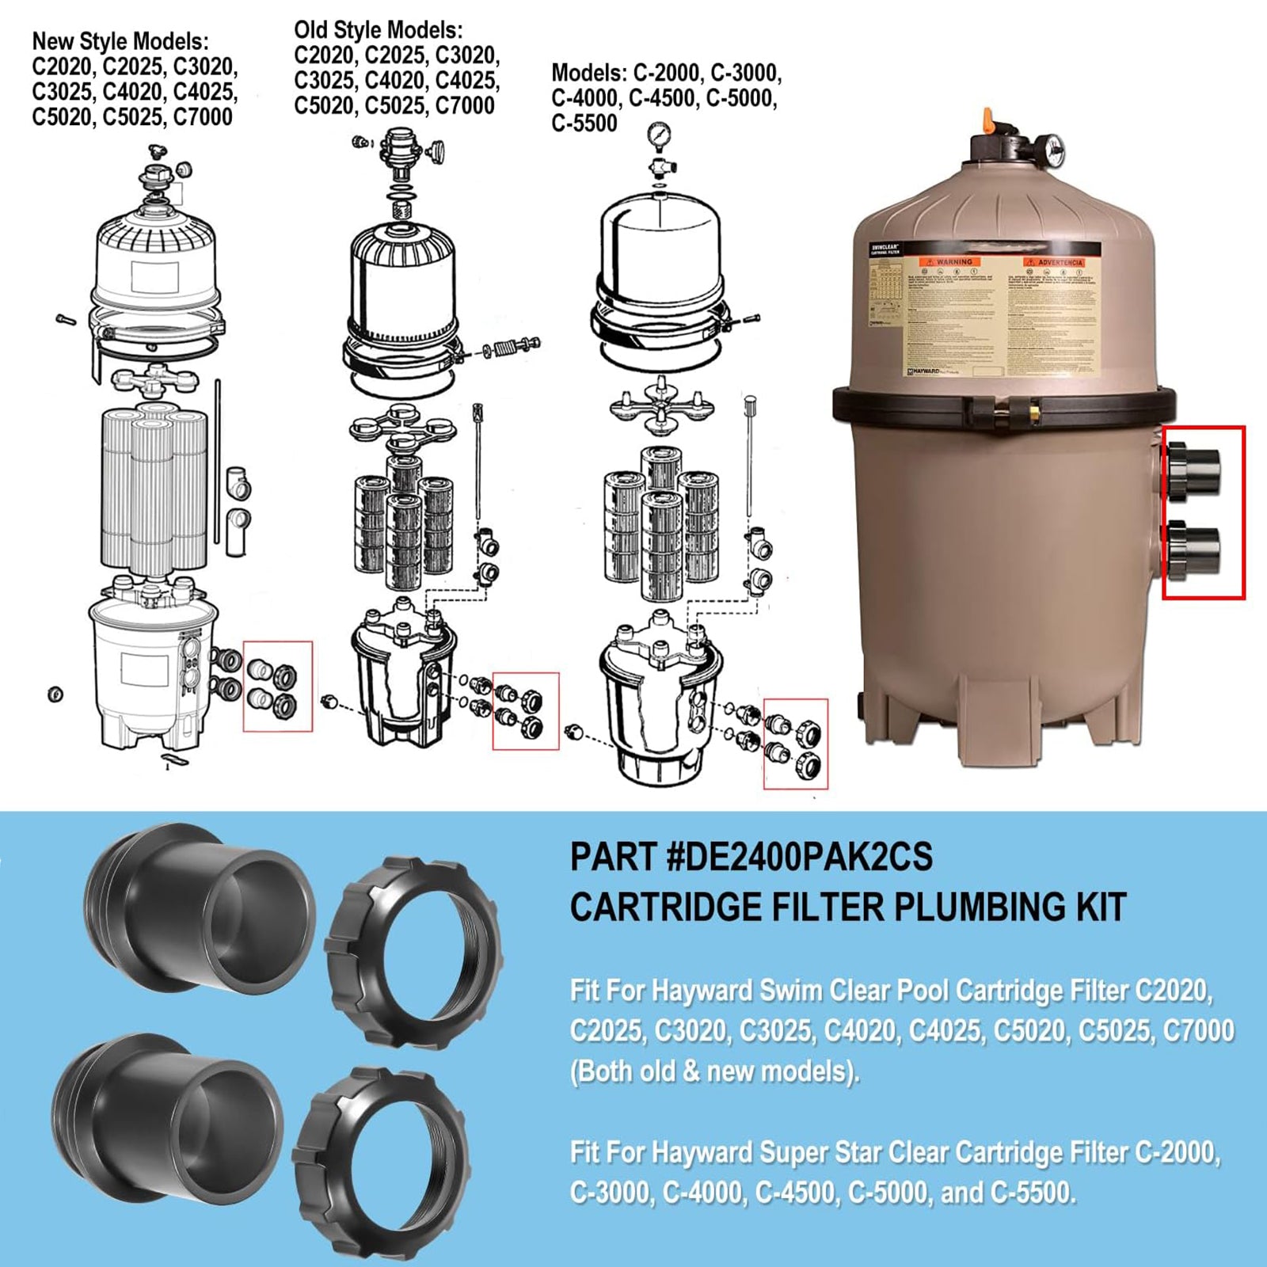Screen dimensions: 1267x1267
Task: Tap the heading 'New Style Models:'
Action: (120, 41)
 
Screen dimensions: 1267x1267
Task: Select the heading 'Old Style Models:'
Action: (379, 30)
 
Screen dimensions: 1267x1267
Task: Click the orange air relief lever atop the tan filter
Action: (987, 120)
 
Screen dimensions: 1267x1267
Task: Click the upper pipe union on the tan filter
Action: (1194, 471)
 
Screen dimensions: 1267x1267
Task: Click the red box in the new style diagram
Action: (277, 686)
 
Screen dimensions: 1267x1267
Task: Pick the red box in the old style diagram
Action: (526, 710)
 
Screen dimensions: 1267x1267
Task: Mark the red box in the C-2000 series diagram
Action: (795, 744)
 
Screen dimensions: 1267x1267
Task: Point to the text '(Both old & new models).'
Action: (714, 1071)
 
